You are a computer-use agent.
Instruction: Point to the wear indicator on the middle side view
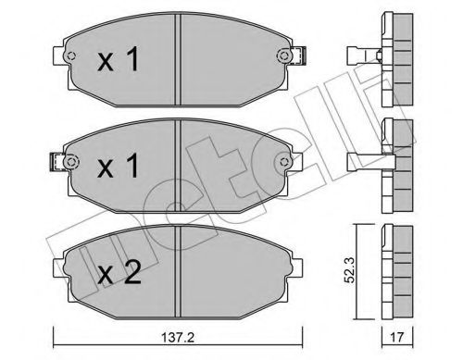pos(361,158)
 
